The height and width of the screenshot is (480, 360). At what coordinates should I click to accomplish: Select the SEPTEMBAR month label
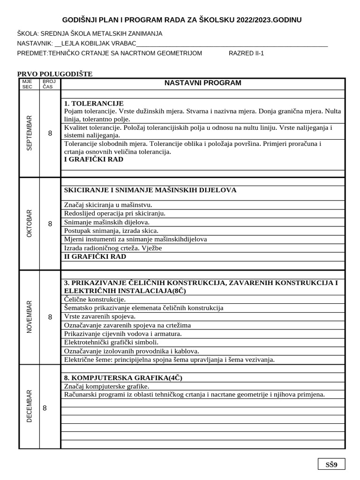30,133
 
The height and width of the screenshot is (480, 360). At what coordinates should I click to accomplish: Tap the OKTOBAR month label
30,223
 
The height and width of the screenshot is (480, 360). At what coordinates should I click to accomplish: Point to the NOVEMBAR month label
30,317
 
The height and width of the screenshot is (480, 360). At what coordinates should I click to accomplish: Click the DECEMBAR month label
30,406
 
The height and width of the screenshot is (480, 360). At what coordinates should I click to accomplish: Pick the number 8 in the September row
50,134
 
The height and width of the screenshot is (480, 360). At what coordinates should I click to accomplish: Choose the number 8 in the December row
45,408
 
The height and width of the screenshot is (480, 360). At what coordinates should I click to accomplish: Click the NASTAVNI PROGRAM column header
202,83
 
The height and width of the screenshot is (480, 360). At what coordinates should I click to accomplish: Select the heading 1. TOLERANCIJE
93,103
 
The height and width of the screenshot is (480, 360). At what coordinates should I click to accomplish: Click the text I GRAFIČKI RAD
94,159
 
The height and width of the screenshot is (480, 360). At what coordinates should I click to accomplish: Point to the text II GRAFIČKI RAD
95,256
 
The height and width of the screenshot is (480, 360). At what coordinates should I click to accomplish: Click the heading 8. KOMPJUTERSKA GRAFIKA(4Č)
123,377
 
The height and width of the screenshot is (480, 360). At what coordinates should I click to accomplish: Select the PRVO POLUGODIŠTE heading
55,74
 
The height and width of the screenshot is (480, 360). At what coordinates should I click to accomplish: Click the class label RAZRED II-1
246,53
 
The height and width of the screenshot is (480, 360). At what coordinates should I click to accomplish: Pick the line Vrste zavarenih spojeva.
99,316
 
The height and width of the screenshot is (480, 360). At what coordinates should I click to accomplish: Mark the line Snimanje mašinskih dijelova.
106,222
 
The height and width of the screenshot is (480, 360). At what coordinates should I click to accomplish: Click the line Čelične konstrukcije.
95,299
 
